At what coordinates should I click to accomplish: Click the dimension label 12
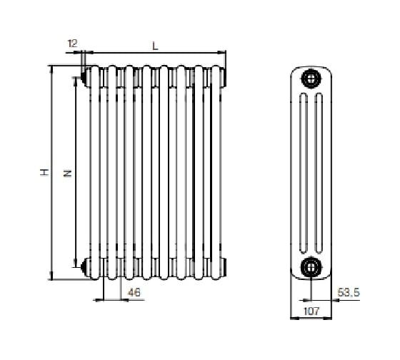(72, 44)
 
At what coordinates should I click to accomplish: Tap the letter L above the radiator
(156, 46)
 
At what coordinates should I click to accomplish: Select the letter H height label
(44, 172)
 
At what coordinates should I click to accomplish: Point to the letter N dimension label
(67, 174)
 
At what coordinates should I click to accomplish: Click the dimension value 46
(134, 292)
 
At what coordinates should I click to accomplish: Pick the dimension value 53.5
(349, 292)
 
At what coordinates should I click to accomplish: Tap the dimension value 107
(311, 311)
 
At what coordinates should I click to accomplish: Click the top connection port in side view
(311, 79)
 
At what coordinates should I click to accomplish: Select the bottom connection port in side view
(311, 267)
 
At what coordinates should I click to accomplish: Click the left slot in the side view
(303, 174)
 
